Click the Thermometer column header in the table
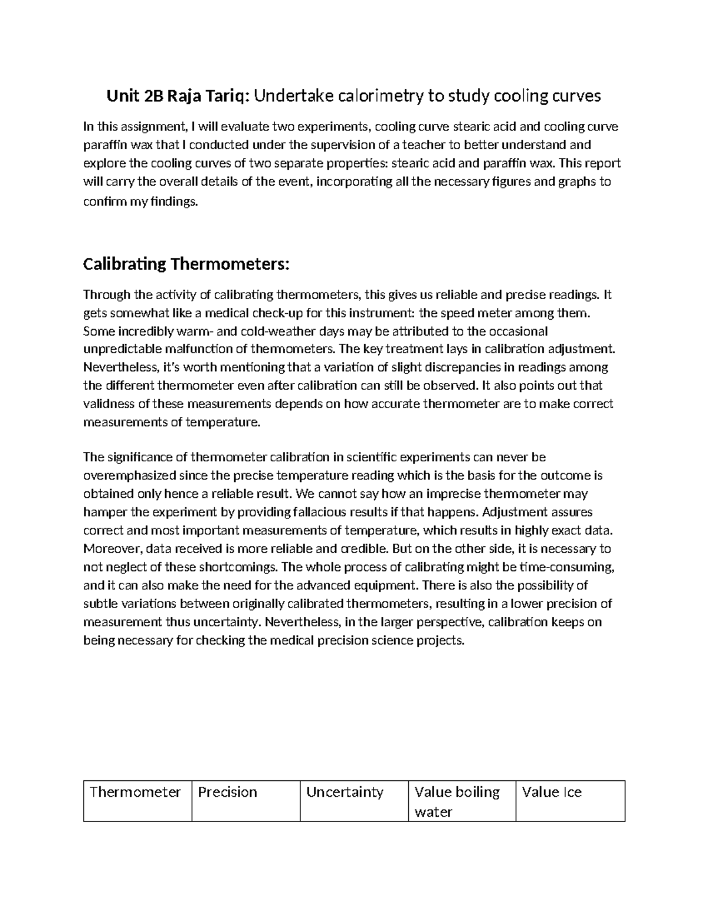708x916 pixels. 135,792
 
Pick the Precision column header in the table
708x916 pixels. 228,792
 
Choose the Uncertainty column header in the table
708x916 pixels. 345,792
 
